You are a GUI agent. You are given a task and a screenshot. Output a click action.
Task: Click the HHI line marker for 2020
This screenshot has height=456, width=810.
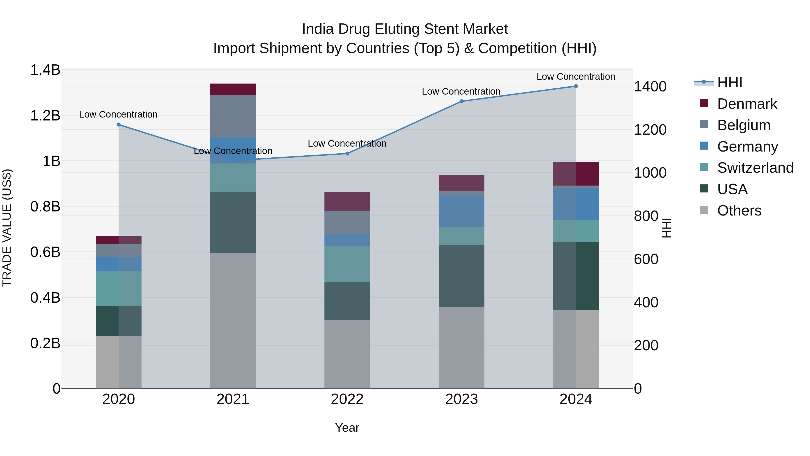tap(119, 125)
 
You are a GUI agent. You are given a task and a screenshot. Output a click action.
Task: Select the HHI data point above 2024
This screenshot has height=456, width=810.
tap(576, 86)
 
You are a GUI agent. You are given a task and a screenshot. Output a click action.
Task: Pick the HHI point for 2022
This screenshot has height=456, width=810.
tap(347, 154)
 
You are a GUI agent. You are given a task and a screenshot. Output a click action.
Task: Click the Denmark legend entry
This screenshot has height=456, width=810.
tap(747, 104)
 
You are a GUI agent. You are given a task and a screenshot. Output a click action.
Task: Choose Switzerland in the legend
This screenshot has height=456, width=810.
tap(755, 168)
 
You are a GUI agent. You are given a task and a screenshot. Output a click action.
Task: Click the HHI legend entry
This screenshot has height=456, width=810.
tap(729, 82)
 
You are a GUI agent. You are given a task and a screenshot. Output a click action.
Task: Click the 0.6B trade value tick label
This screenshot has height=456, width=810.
tap(45, 252)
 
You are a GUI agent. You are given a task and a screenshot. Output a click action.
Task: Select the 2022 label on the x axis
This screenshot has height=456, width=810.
tap(347, 399)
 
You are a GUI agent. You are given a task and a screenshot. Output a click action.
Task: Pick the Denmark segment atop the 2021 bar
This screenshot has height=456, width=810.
tap(233, 89)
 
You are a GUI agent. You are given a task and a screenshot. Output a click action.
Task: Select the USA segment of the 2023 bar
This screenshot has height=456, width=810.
tap(461, 276)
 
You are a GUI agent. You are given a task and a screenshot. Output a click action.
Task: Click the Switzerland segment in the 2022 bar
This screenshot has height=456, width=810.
tap(347, 264)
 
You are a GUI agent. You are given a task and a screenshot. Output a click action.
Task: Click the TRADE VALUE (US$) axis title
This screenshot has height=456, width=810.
tap(7, 228)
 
